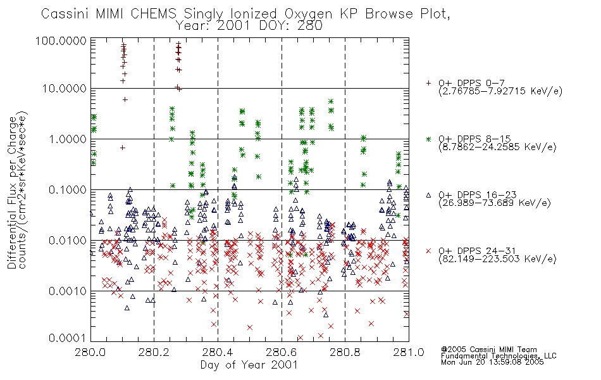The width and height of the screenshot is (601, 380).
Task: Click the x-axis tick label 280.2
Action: coord(154,352)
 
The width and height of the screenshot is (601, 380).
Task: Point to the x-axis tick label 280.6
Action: coord(282,352)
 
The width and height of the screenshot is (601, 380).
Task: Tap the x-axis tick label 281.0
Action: coord(409,352)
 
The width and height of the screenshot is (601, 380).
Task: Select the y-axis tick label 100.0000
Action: coord(61,41)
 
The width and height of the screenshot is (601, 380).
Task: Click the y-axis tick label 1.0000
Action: coord(68,139)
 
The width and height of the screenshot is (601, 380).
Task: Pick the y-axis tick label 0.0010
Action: coord(68,291)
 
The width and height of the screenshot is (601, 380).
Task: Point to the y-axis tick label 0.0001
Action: coord(68,338)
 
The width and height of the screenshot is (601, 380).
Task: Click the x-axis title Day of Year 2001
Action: coord(249,365)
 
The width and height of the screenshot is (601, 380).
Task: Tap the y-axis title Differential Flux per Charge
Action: coord(12,192)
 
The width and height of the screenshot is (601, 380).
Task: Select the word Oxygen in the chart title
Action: coord(308,15)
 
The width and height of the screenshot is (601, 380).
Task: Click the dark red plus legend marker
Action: coord(428,83)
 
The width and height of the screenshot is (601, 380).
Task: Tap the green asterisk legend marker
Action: coord(428,139)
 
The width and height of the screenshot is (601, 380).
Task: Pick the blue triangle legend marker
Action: coord(428,195)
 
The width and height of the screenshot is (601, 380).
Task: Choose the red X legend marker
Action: coord(428,251)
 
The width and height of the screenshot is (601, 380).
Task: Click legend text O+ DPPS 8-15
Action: coord(474,139)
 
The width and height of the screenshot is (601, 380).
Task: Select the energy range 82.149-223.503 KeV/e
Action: coord(497,259)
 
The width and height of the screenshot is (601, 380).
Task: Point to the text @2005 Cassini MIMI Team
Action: coord(488,350)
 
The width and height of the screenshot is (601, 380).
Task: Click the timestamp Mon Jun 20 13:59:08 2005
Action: coord(492,362)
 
